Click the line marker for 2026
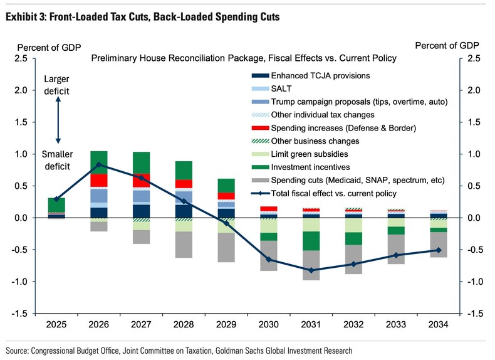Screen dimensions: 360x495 [99, 164]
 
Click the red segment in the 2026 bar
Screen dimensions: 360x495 [99, 180]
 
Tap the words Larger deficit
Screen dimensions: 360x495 [57, 85]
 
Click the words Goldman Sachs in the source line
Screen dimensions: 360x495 [249, 351]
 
